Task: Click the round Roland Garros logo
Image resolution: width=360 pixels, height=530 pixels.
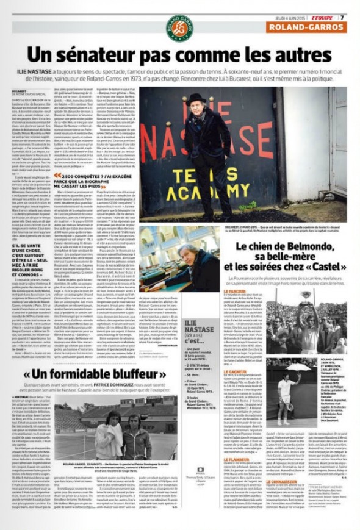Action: [180, 28]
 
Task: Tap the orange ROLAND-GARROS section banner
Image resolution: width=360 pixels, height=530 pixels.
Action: [315, 27]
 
